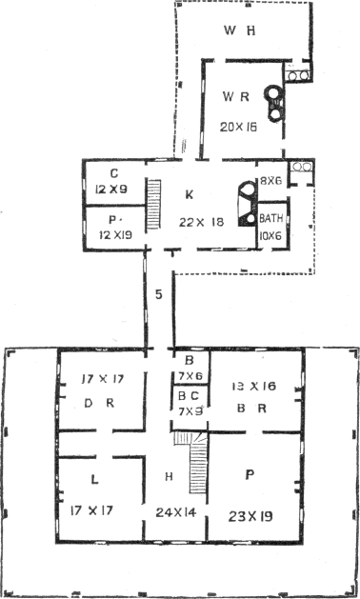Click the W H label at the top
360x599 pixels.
point(240,31)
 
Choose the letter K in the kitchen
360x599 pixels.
point(190,195)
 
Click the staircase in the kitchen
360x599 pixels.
point(153,201)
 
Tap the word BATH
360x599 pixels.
point(271,219)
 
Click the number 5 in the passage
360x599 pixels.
point(157,293)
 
